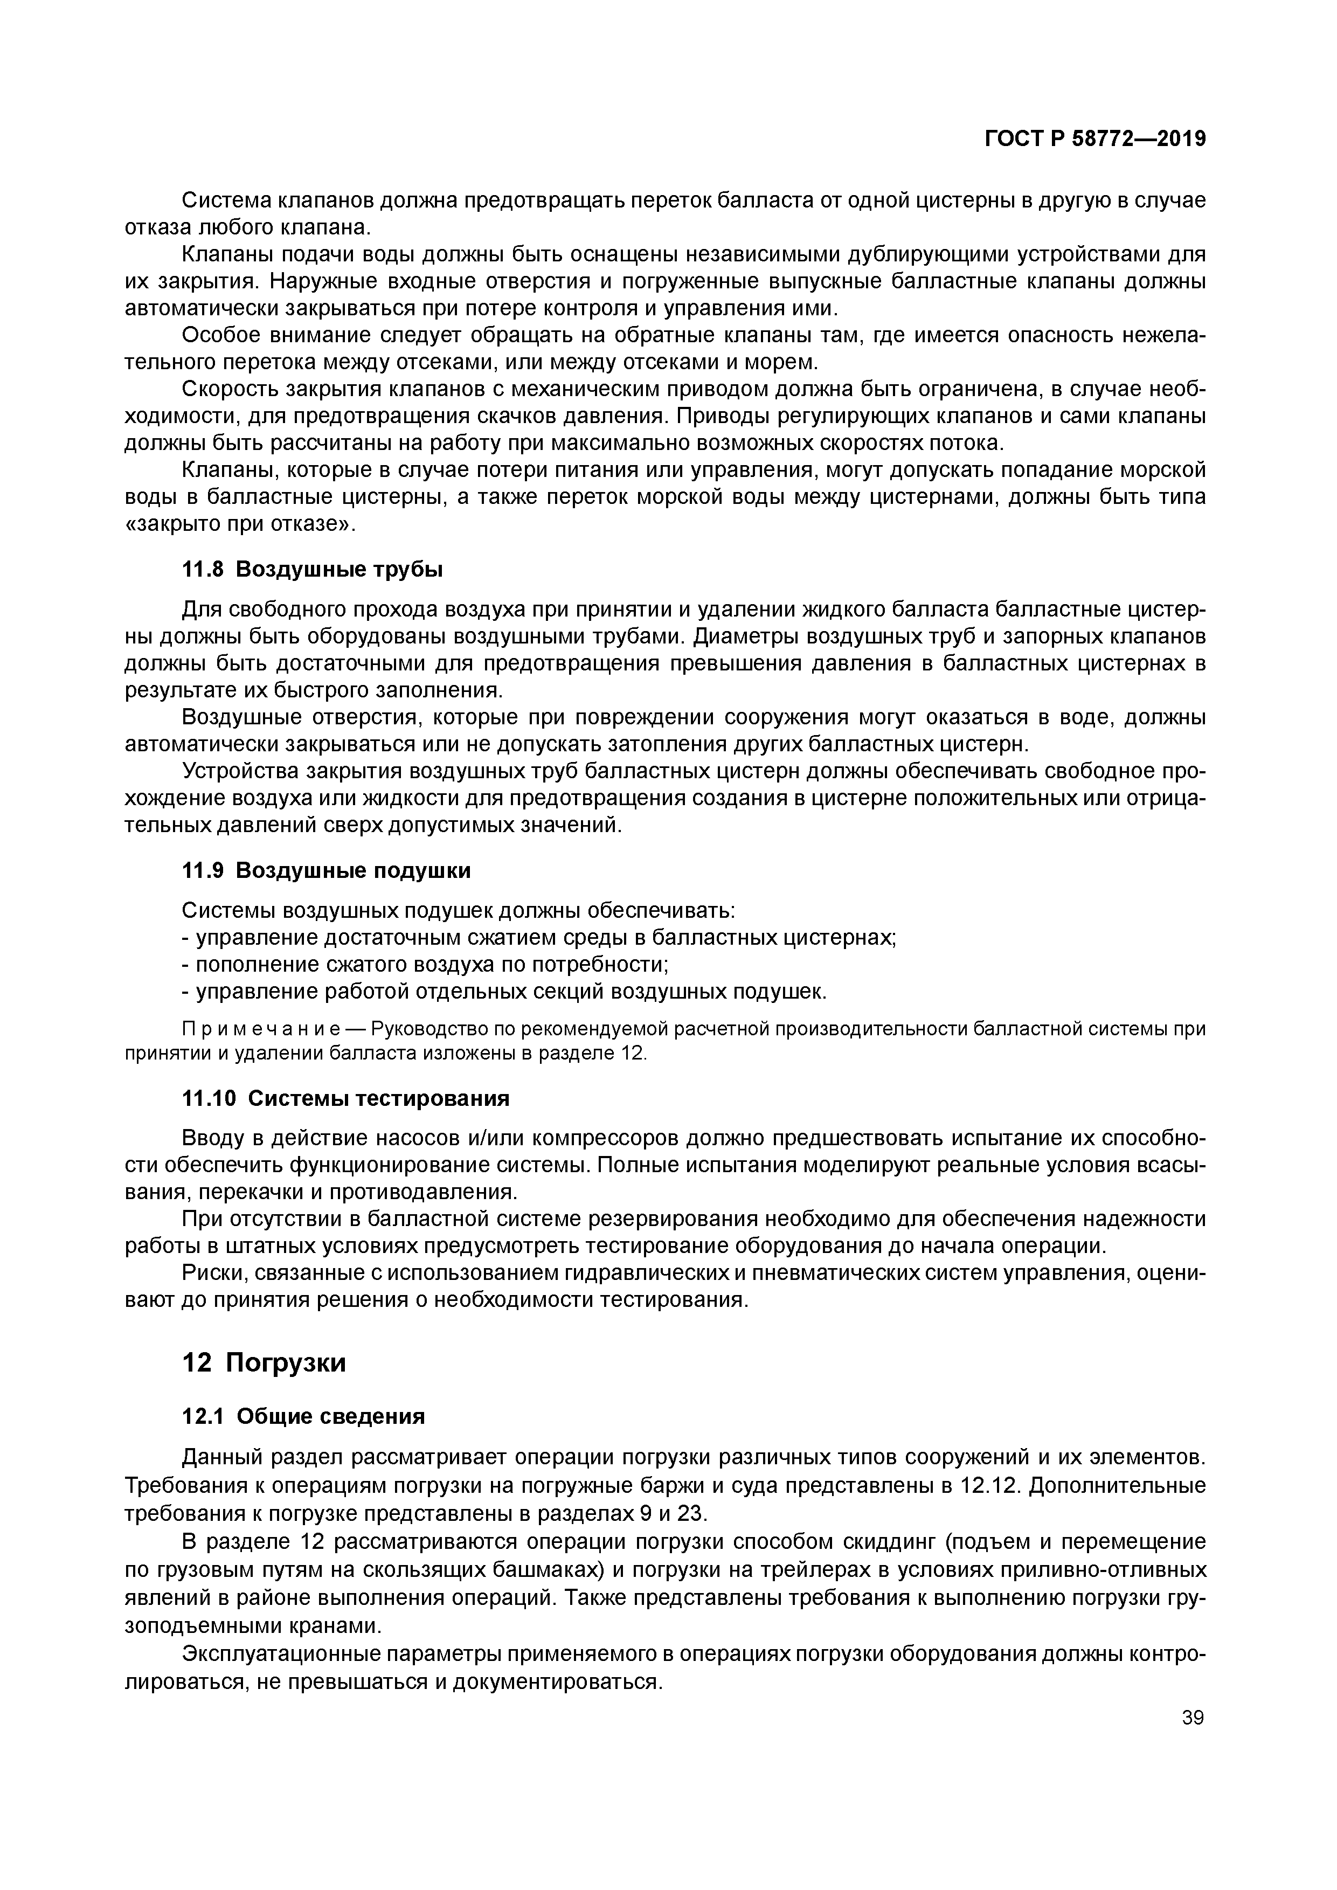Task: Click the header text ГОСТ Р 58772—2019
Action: click(1095, 139)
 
